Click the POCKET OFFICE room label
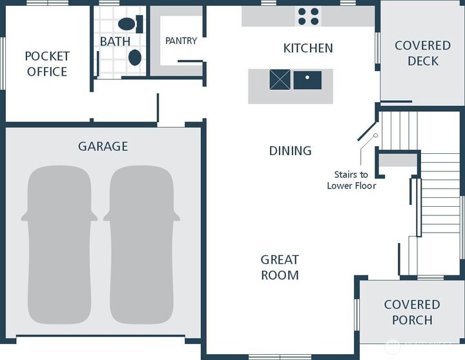point(47,64)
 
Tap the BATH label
point(115,41)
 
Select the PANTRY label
point(181,41)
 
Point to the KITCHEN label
point(308,48)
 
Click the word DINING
point(291,151)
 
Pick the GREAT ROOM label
point(280,268)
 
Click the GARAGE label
point(103,146)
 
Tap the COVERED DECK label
point(423,54)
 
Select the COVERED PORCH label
point(412,312)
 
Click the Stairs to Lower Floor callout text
point(351,180)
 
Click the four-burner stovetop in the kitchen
point(309,16)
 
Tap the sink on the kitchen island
point(307,80)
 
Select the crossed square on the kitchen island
point(280,79)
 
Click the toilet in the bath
point(130,24)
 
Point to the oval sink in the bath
point(135,58)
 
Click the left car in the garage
point(59,245)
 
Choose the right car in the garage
point(141,245)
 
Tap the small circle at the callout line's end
point(376,135)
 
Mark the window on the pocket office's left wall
point(3,63)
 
